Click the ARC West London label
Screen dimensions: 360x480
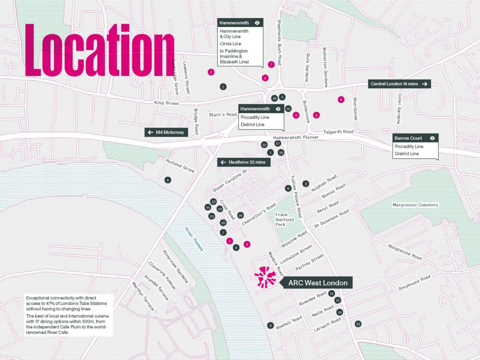point(318,283)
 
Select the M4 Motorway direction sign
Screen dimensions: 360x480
point(166,132)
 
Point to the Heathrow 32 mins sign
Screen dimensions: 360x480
point(244,162)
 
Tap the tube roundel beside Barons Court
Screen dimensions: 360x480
point(432,137)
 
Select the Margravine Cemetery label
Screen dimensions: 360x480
point(415,205)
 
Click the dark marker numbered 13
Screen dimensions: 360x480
point(358,324)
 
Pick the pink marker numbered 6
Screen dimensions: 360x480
point(341,99)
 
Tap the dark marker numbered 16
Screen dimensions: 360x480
point(240,216)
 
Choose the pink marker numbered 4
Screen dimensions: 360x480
point(247,244)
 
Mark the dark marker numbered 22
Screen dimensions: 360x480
point(264,144)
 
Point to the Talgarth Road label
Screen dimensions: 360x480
point(338,132)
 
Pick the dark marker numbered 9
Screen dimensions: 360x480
point(288,189)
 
